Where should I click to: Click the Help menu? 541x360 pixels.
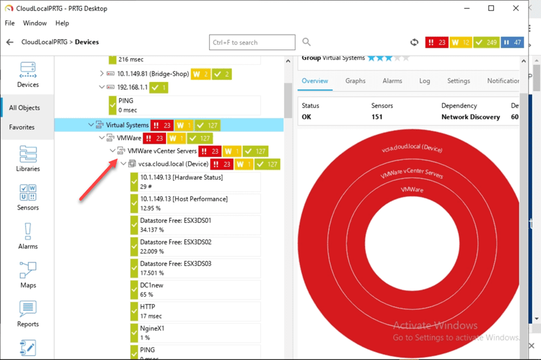pos(62,23)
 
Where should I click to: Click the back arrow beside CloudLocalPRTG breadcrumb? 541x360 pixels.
pos(10,43)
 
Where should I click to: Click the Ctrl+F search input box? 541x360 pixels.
pos(252,43)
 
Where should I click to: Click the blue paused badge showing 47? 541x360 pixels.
pos(512,43)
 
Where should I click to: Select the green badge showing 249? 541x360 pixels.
pos(485,43)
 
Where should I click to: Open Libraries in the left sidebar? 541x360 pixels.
pos(28,159)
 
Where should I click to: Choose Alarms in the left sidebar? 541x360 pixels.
pos(28,236)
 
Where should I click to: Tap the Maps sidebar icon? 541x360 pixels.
pos(28,275)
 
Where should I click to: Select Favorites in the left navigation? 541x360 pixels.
pos(22,128)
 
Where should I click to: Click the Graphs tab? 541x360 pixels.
pos(355,81)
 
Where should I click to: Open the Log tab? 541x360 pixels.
pos(424,81)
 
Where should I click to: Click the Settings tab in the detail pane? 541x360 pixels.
pos(458,81)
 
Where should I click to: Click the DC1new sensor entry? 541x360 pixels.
pos(152,286)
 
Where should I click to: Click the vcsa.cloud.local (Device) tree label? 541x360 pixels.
pos(173,164)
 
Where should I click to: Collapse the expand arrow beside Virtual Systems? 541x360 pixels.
pos(91,125)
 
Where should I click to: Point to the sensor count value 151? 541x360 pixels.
pos(377,117)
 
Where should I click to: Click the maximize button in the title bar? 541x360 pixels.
pos(491,8)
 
